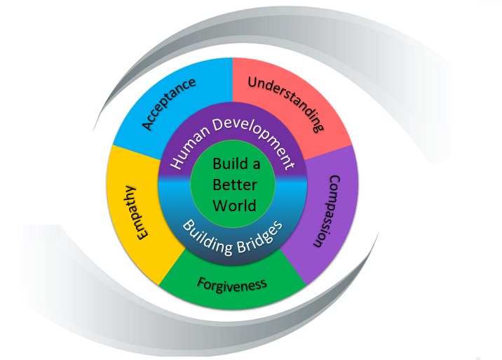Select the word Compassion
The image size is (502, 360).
325,211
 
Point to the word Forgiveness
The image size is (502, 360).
232,284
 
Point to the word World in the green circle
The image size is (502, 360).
231,206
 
